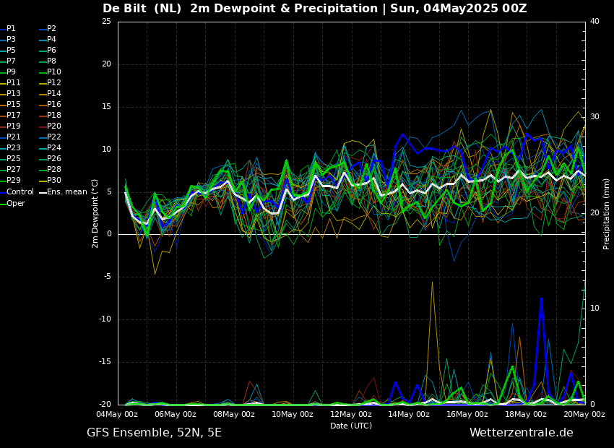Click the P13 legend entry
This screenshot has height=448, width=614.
click(11, 94)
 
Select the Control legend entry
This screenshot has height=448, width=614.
click(17, 192)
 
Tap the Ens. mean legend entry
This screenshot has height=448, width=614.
click(63, 192)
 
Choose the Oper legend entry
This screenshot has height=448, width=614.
click(13, 203)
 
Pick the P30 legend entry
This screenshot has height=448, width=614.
click(51, 180)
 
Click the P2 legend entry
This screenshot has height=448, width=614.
click(48, 29)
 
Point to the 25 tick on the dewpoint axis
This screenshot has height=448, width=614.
click(106, 21)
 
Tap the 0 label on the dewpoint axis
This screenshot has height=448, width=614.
click(109, 234)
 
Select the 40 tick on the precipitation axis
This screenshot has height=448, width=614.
click(594, 21)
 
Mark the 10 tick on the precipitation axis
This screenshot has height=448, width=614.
click(594, 309)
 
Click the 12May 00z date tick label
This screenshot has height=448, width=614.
click(351, 414)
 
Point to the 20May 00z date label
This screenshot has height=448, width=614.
click(584, 414)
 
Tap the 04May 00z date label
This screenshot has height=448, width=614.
click(118, 414)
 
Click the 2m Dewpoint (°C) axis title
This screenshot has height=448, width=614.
click(95, 214)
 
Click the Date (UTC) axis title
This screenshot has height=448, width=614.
click(351, 426)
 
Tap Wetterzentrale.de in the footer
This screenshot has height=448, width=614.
click(522, 433)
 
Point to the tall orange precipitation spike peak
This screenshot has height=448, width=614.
click(432, 282)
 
